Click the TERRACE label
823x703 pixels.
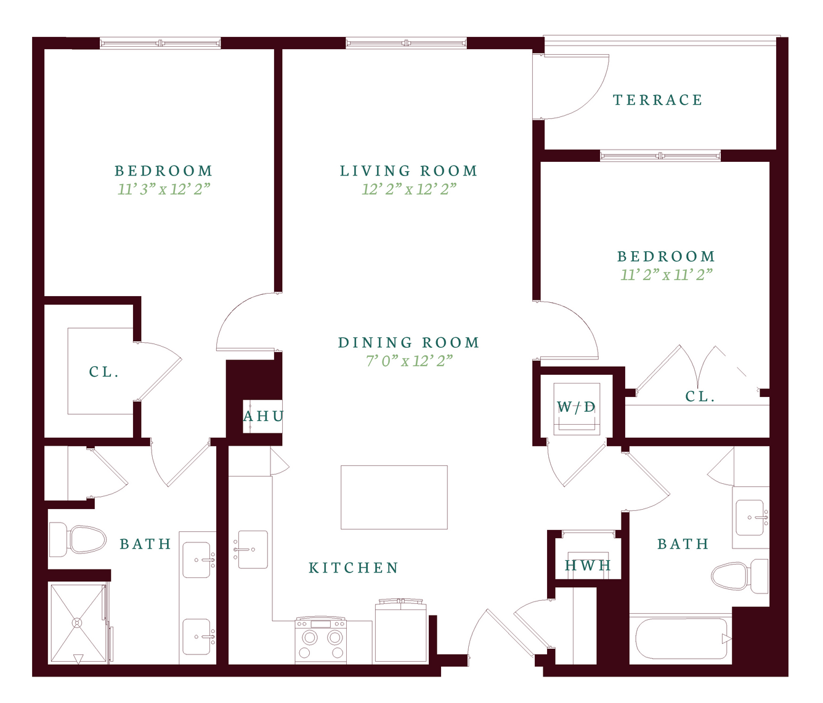click(x=658, y=100)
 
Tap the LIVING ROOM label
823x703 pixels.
click(x=408, y=171)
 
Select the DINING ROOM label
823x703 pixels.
click(x=409, y=342)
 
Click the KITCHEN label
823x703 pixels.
click(x=354, y=568)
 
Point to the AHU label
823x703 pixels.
click(x=264, y=416)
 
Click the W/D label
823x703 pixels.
click(x=576, y=407)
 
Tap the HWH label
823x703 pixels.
click(x=588, y=565)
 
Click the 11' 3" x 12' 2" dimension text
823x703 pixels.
click(x=164, y=190)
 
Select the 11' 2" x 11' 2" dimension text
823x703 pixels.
click(x=667, y=275)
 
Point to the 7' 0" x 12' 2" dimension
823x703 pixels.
click(x=409, y=361)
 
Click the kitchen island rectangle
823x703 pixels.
click(x=394, y=497)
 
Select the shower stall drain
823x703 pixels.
click(x=76, y=622)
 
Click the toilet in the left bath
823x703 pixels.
click(x=77, y=540)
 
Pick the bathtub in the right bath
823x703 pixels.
click(x=681, y=639)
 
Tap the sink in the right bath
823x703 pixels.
click(x=750, y=518)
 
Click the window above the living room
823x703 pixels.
click(x=406, y=43)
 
